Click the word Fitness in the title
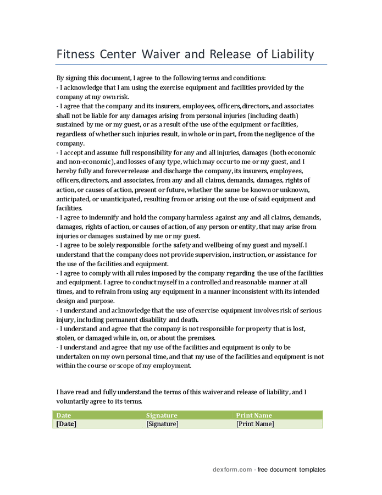(75, 54)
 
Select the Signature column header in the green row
(162, 415)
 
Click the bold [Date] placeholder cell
(67, 424)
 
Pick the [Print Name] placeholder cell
(255, 424)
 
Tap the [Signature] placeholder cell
(163, 424)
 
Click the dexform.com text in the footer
(232, 470)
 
